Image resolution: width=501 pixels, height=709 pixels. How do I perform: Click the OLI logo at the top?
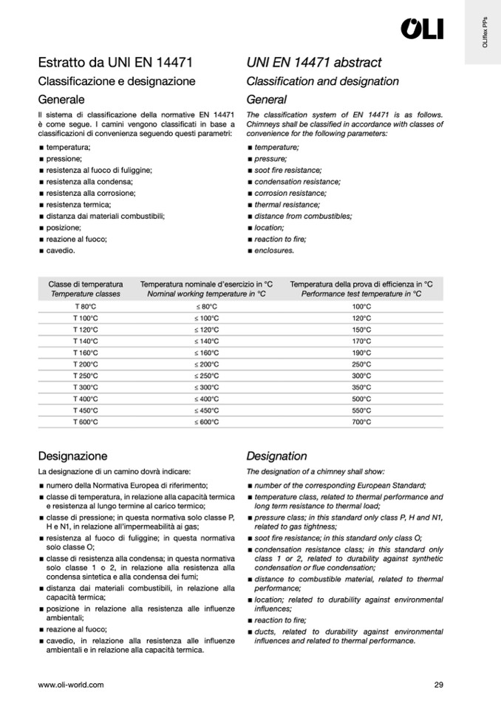click(422, 29)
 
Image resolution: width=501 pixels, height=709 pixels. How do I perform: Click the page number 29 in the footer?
click(439, 685)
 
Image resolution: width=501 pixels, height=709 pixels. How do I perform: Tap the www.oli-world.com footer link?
click(71, 685)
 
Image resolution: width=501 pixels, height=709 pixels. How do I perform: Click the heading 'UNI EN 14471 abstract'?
click(314, 64)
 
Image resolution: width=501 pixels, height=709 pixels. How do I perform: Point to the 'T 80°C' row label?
click(85, 307)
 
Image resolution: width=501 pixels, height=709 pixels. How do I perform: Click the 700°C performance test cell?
click(361, 422)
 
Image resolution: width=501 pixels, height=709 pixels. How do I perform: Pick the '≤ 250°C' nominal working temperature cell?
click(207, 376)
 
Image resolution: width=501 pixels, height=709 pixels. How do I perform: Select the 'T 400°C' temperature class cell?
click(85, 399)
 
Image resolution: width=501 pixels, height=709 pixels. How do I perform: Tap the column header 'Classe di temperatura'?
click(86, 284)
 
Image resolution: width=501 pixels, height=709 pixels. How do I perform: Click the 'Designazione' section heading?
click(72, 456)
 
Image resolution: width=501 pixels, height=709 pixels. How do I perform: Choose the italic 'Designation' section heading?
click(276, 456)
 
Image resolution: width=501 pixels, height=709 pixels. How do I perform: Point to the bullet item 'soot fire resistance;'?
click(288, 170)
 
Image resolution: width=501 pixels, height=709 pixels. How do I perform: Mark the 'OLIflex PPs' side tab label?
click(484, 34)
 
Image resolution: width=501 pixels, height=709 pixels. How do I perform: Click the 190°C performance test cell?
click(361, 353)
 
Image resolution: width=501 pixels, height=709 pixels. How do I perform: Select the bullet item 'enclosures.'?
click(274, 251)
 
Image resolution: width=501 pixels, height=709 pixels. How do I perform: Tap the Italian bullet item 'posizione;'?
click(64, 228)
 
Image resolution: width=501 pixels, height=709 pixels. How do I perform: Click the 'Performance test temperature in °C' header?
click(361, 294)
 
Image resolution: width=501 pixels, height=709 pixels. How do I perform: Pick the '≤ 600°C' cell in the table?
click(207, 422)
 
